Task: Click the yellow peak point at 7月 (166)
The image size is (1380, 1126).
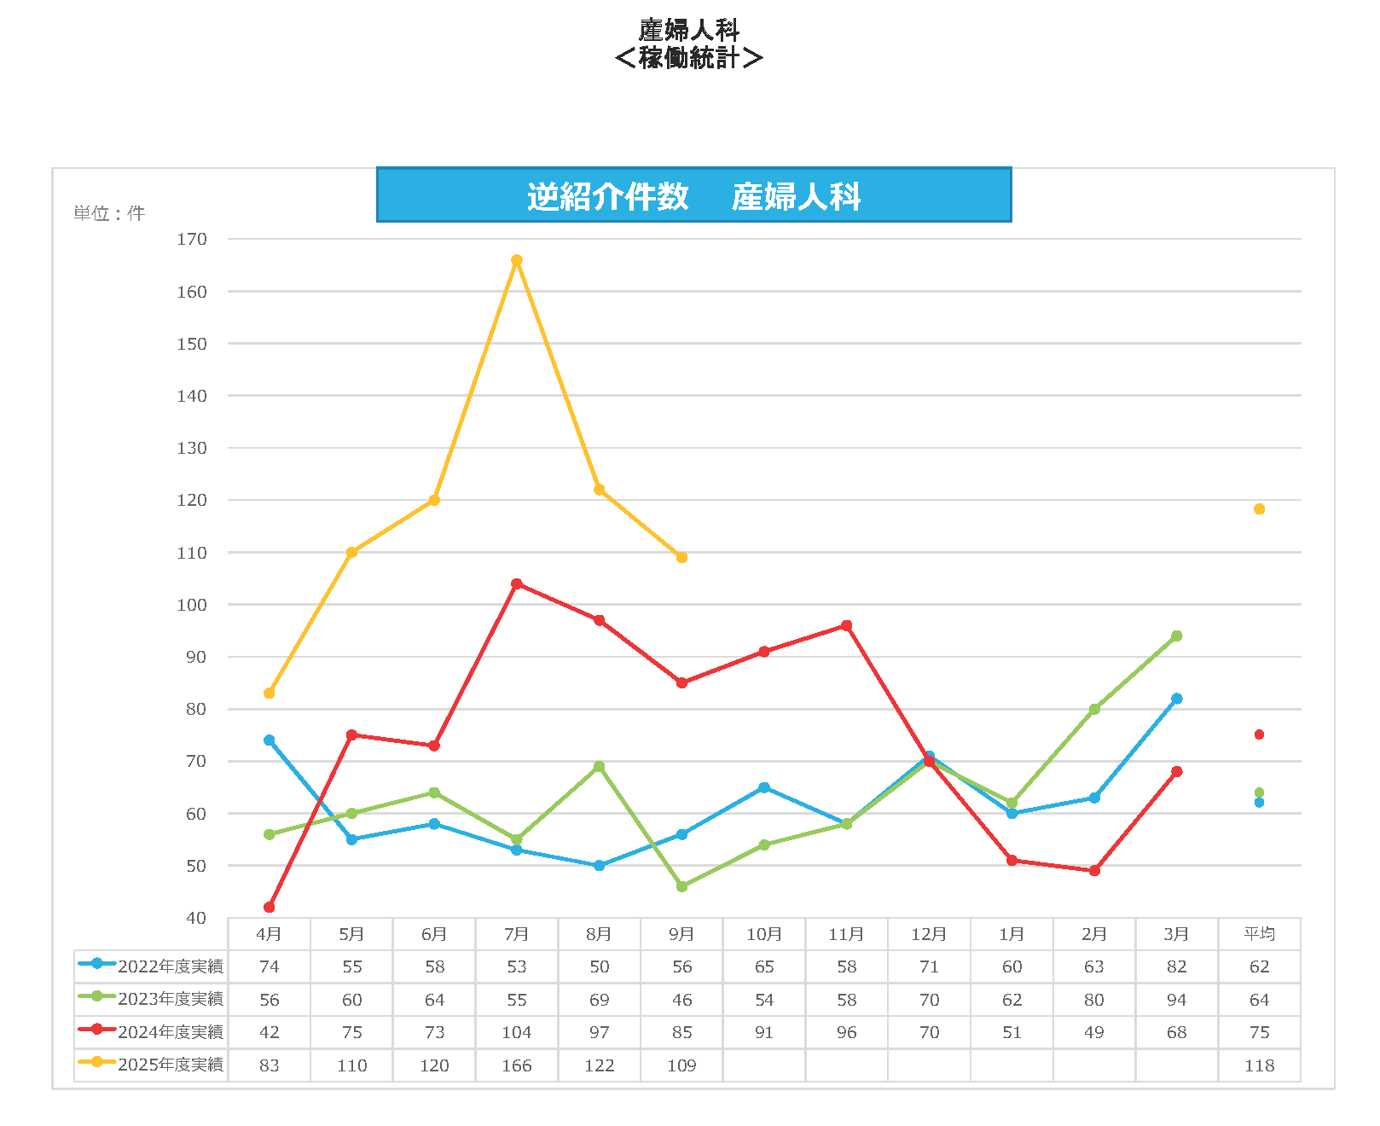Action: [x=517, y=260]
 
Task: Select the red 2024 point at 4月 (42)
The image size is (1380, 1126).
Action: [x=270, y=907]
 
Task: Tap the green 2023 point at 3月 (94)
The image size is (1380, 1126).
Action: [x=1177, y=636]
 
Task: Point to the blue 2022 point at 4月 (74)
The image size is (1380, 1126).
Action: [x=270, y=740]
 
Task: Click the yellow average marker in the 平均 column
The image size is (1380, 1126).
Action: [x=1259, y=509]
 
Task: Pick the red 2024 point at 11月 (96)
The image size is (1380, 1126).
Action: [x=847, y=626]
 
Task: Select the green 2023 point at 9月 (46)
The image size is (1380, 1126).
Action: [x=681, y=886]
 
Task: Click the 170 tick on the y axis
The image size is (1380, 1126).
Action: [x=192, y=240]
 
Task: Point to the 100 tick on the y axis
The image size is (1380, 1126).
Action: [x=192, y=605]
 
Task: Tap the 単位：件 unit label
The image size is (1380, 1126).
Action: [x=109, y=213]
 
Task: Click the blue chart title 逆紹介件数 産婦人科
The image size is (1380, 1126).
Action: [x=693, y=195]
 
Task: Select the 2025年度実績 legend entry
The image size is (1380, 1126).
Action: [x=151, y=1065]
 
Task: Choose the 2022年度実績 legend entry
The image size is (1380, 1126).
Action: [x=151, y=966]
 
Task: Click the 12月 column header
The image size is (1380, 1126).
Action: [x=929, y=934]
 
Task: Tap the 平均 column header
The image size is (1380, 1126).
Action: [x=1259, y=934]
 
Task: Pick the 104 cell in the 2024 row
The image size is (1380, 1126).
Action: [x=517, y=1032]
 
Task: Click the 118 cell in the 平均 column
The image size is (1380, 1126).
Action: [x=1259, y=1065]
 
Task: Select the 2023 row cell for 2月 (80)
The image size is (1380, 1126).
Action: [x=1094, y=1000]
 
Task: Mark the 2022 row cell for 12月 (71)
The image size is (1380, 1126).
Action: [x=929, y=966]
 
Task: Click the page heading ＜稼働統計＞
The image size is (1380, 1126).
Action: [x=688, y=58]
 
